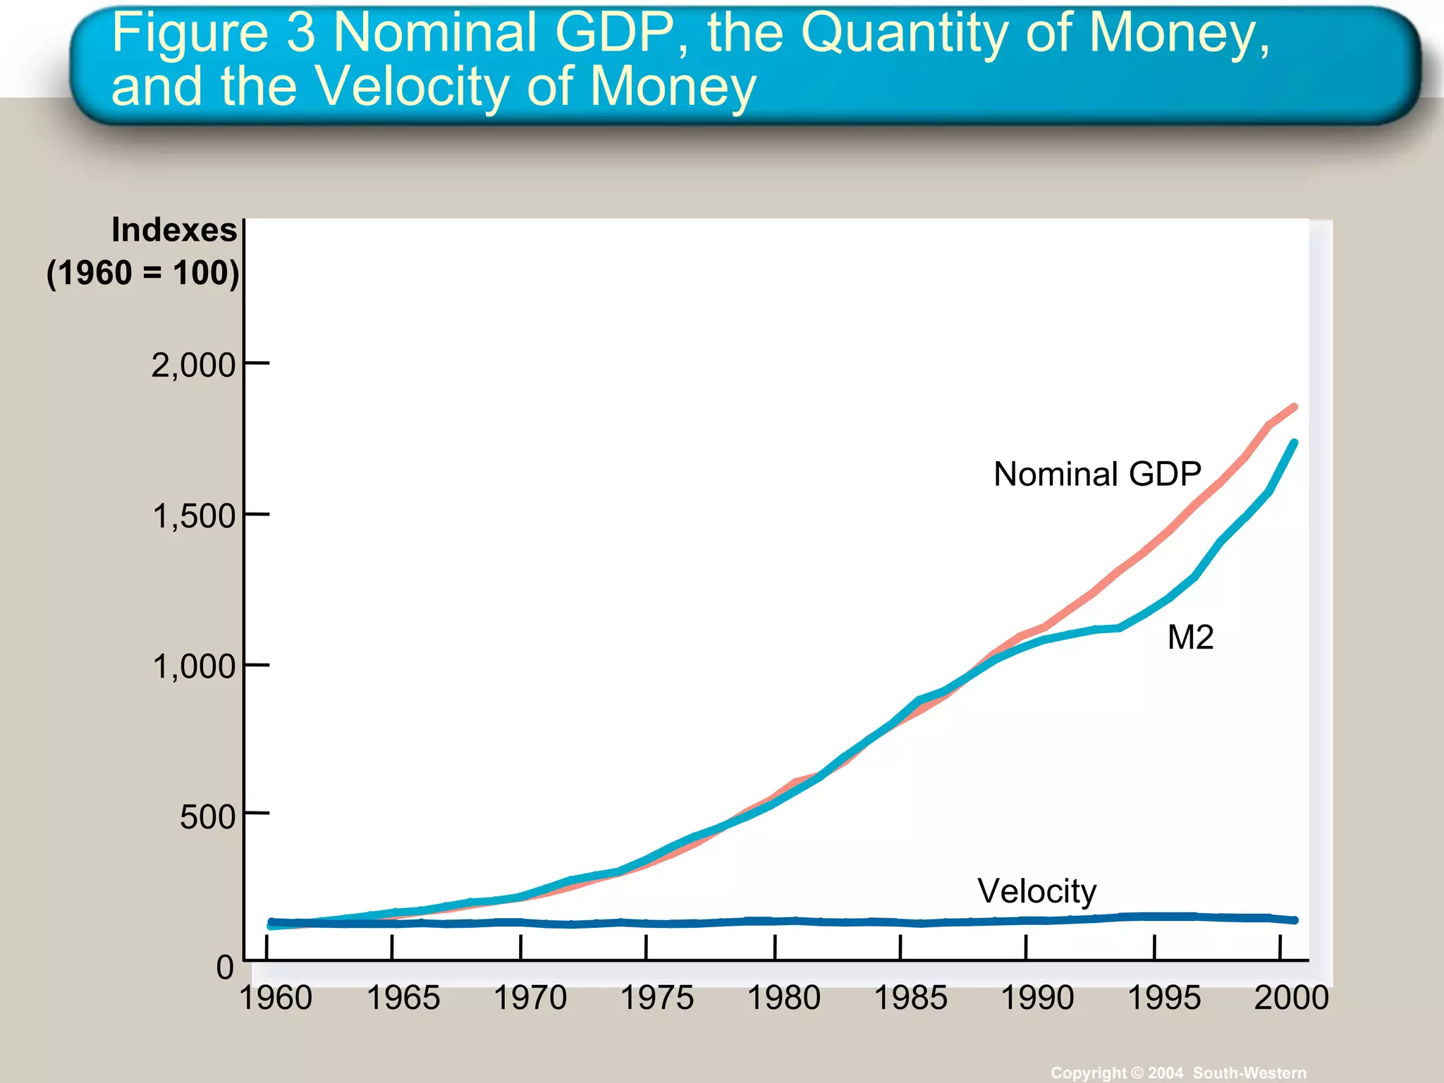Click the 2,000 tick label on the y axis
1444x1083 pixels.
point(192,365)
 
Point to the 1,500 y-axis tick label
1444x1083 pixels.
point(193,516)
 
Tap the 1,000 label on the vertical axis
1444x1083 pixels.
point(193,666)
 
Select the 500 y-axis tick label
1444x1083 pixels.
point(207,817)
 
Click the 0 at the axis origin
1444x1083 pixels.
point(225,967)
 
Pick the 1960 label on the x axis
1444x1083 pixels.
point(276,998)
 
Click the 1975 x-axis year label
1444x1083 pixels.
point(656,998)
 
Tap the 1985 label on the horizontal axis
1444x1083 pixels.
point(910,998)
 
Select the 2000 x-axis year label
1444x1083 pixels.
point(1291,998)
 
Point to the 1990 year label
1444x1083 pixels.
point(1037,998)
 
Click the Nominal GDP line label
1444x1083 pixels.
point(1097,474)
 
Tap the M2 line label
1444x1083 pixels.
point(1190,637)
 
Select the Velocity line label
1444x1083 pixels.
point(1036,891)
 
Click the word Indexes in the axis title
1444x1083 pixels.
point(174,231)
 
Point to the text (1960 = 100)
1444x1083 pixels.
point(143,273)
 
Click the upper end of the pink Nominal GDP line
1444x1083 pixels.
point(1294,407)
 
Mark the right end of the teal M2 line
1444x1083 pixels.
point(1294,443)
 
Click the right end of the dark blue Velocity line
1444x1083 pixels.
point(1294,920)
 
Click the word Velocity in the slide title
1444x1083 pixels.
point(412,87)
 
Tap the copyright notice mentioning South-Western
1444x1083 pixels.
point(1178,1072)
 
